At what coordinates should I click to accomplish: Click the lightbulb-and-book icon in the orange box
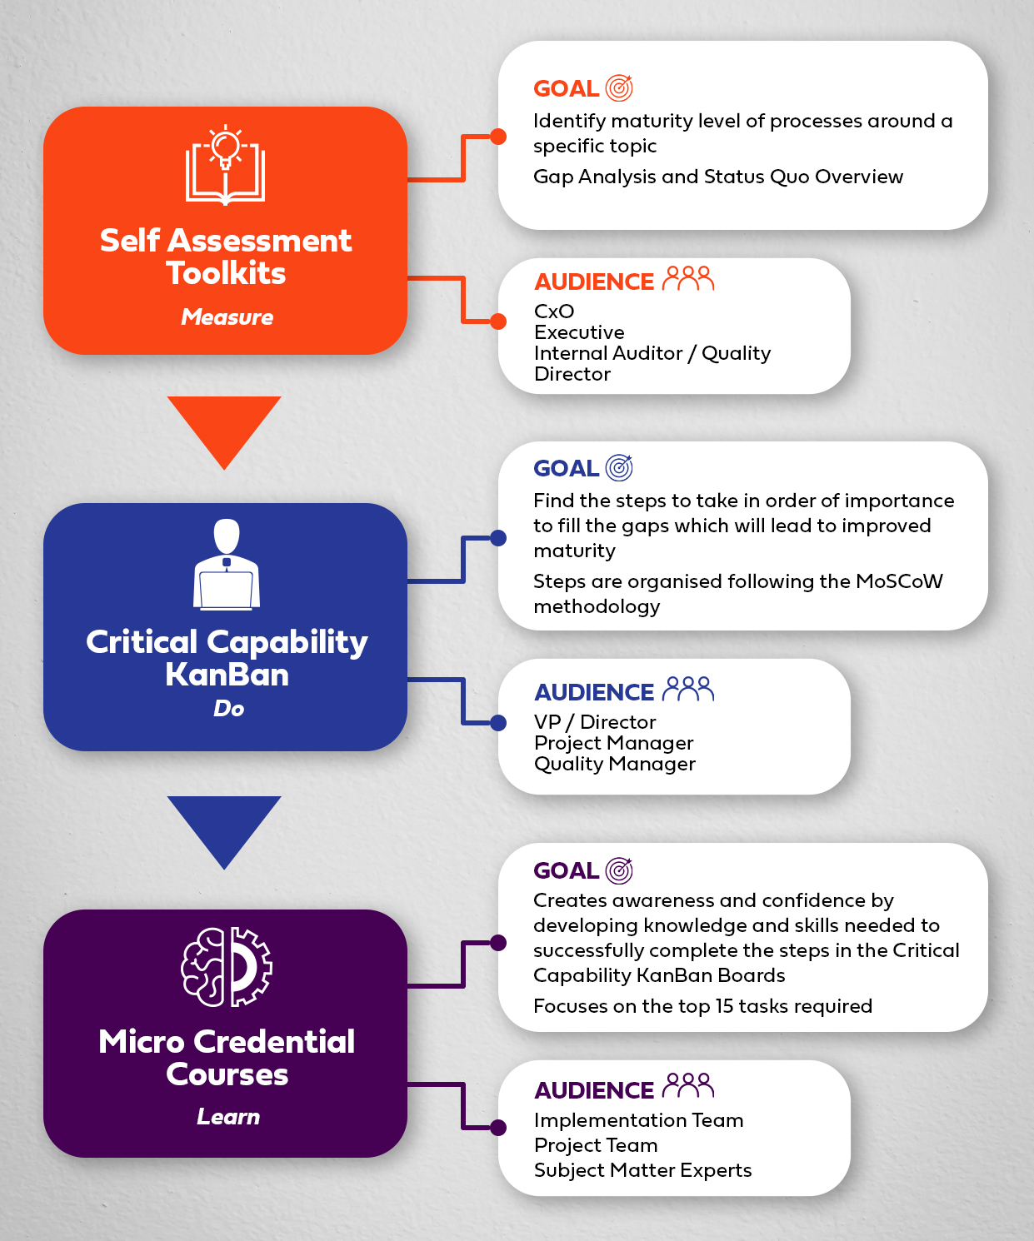tap(225, 165)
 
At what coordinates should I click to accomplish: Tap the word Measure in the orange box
tap(227, 316)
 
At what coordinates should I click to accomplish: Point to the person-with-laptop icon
tap(227, 565)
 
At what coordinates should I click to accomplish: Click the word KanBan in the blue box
tap(227, 675)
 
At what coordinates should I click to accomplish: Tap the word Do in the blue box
tap(229, 708)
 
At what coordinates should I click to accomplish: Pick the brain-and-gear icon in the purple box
tap(227, 967)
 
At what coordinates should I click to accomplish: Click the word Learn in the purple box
tap(228, 1117)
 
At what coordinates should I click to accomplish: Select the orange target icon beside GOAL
tap(619, 88)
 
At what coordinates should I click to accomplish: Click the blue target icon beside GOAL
tap(619, 468)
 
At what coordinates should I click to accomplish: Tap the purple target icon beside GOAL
tap(619, 870)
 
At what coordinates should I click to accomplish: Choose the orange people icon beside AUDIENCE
tap(688, 278)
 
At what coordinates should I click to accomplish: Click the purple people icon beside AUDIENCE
tap(688, 1085)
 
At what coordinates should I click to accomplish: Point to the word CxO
tap(554, 311)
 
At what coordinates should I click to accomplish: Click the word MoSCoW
tap(899, 581)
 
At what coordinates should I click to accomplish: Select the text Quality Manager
tap(615, 765)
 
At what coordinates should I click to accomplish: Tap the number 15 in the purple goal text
tap(724, 1005)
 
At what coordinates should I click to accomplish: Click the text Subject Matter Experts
tap(642, 1170)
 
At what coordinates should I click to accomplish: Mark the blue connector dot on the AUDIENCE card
tap(498, 723)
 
